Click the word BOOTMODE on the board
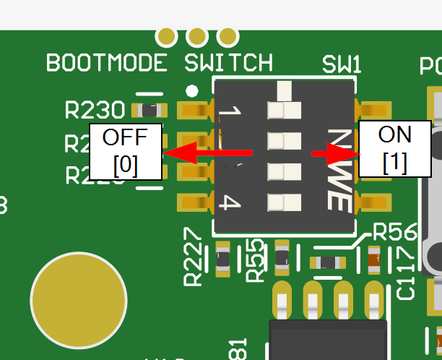[106, 63]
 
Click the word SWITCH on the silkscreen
[228, 63]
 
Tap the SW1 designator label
[341, 64]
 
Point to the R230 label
[94, 111]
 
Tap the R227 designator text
[194, 257]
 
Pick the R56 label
[394, 232]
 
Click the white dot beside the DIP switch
[191, 91]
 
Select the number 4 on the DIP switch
[229, 203]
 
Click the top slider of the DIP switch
[283, 110]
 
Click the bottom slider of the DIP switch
[283, 203]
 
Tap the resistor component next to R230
[149, 111]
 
